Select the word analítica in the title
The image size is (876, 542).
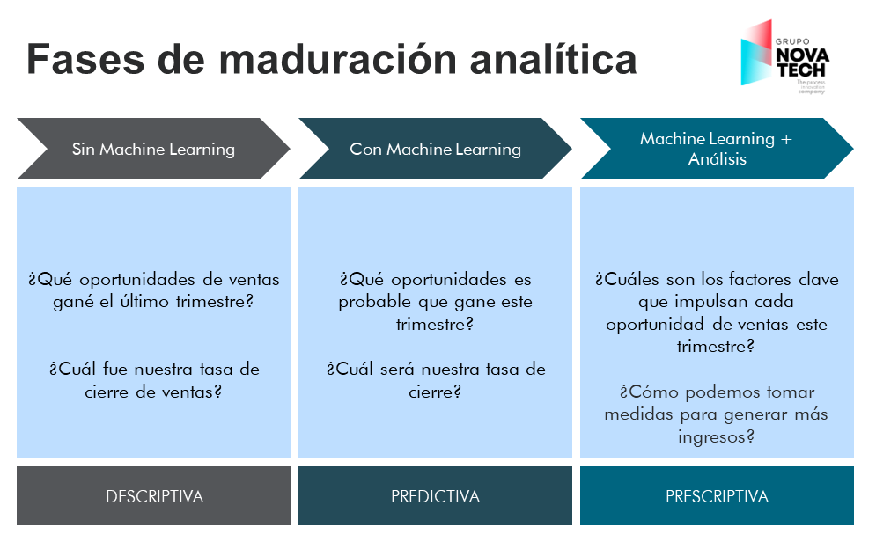pos(553,60)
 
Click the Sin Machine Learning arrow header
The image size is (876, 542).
pos(153,149)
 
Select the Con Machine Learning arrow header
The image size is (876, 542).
pos(435,149)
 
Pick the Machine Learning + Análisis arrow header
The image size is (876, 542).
pos(717,149)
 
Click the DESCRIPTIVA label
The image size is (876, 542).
pos(154,497)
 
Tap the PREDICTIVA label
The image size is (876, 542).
pos(435,497)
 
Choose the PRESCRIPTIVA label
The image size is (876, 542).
pos(717,497)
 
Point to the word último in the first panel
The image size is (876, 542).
pos(161,302)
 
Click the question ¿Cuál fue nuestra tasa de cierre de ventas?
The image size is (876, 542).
pos(154,380)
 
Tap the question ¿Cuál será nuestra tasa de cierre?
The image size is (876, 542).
pos(435,380)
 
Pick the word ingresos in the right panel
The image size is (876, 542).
pos(717,436)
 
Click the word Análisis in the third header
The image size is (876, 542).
pos(717,159)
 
